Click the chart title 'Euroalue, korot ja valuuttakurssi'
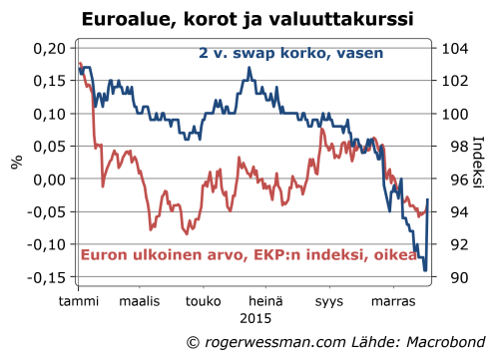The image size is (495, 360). point(247,19)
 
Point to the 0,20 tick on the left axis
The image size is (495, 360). point(48,48)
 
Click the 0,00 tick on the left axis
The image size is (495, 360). point(48,180)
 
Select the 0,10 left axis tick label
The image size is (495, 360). point(48,114)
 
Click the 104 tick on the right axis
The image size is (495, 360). point(450,48)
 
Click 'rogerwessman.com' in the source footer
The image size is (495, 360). point(275,342)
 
